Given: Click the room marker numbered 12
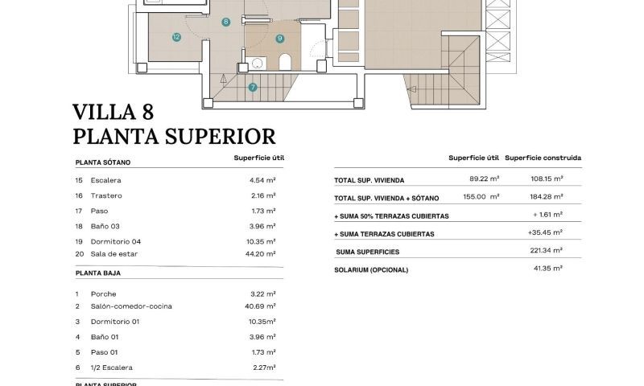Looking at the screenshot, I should point(175,37).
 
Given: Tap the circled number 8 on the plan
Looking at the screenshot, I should point(226,23).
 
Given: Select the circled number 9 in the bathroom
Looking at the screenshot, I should point(279,38).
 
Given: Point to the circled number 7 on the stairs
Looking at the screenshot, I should point(253,87).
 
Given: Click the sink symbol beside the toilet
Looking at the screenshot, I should point(258,63).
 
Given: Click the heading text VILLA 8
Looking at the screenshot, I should point(113,111).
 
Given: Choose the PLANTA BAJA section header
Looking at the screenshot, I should point(97,273).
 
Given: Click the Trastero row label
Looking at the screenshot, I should point(105,195).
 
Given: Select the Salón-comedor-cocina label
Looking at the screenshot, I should point(131,306).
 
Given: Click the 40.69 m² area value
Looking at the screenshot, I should point(262,306).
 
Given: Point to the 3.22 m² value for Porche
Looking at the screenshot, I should point(263,294).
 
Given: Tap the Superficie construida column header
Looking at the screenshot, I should point(543,158).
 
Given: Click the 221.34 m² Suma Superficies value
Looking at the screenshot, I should point(547,252).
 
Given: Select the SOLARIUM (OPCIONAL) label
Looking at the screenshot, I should point(371,269).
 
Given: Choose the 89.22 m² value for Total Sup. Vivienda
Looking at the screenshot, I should point(485,179).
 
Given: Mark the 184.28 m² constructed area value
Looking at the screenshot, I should point(547,197).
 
